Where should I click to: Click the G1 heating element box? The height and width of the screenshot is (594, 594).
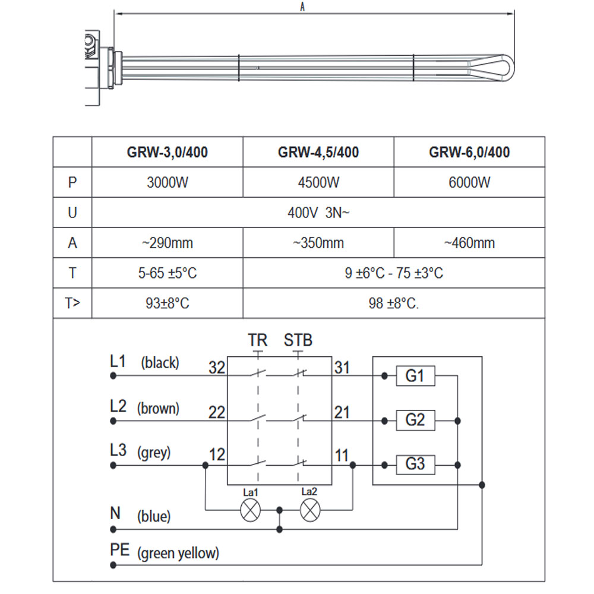click(x=415, y=376)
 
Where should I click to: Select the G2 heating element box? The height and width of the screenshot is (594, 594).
click(x=415, y=421)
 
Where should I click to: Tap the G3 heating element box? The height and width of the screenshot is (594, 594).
click(x=415, y=464)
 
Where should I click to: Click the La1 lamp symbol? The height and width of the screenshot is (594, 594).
click(x=250, y=510)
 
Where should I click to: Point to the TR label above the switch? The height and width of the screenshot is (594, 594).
click(x=258, y=340)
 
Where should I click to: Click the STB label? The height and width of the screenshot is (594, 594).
click(x=298, y=340)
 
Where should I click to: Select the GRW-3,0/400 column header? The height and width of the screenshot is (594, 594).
click(x=168, y=152)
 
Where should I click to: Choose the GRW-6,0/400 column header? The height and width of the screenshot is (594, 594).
click(x=469, y=152)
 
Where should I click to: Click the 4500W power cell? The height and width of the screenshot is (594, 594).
click(x=318, y=182)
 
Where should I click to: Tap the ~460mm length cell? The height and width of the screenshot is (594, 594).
click(x=469, y=243)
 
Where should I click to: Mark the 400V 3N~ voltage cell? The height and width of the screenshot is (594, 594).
click(x=318, y=213)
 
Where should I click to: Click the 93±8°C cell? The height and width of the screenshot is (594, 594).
click(x=168, y=304)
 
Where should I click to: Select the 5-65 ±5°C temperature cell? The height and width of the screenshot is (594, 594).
click(x=168, y=273)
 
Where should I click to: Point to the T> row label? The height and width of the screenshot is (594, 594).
click(x=72, y=304)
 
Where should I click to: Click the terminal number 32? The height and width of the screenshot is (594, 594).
click(x=217, y=368)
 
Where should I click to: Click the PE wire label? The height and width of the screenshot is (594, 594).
click(x=120, y=549)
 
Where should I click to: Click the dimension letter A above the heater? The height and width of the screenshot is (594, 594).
click(x=302, y=7)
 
